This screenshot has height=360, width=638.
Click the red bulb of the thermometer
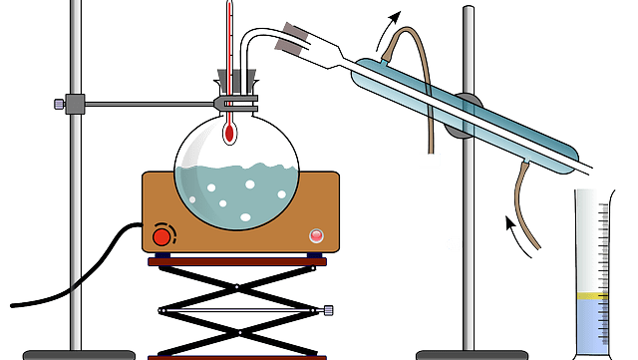(x=229, y=132)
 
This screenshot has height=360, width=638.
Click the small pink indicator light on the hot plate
(x=317, y=235)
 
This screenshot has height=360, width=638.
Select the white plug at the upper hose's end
(x=431, y=161)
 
